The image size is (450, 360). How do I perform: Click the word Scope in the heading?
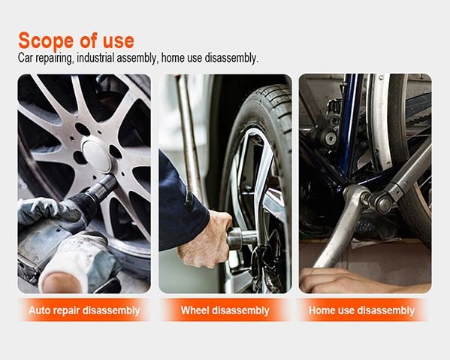click(x=46, y=41)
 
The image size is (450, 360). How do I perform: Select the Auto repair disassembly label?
click(x=84, y=310)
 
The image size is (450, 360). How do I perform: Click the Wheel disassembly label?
click(x=225, y=310)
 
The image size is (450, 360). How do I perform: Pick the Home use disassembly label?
click(x=361, y=310)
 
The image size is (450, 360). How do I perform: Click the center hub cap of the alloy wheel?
click(x=97, y=155)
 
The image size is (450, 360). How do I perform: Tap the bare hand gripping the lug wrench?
click(x=205, y=239)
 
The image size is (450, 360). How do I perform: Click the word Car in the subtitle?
click(x=26, y=58)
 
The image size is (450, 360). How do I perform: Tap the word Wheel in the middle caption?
click(x=196, y=310)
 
